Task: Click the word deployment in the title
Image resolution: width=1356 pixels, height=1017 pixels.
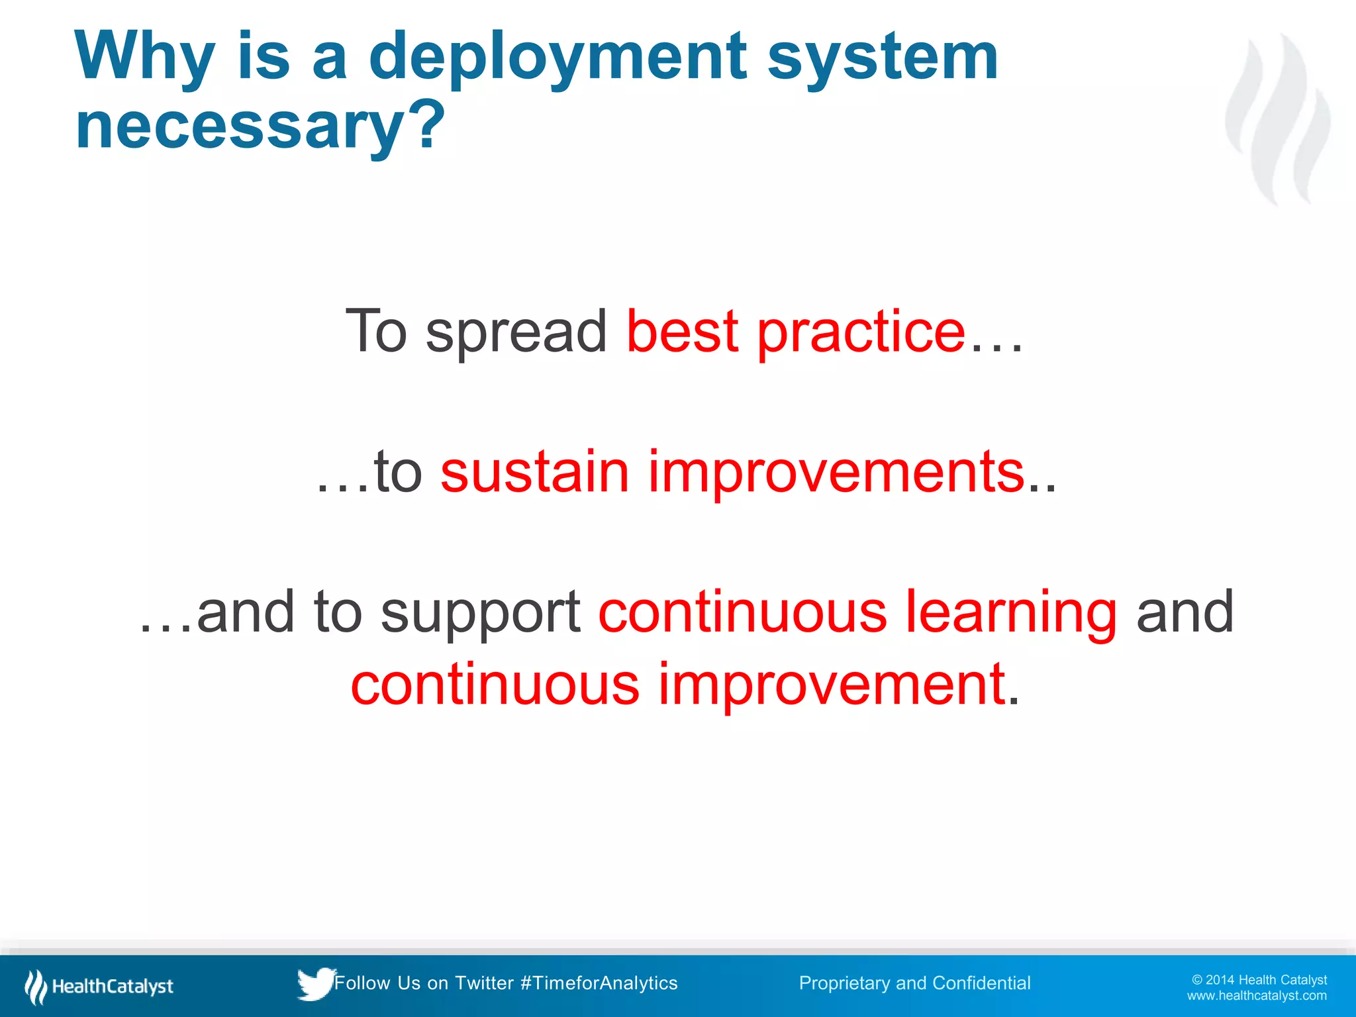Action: tap(557, 58)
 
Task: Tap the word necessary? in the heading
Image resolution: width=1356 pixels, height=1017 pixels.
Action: tap(260, 126)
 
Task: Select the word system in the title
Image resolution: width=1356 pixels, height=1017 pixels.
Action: tap(882, 58)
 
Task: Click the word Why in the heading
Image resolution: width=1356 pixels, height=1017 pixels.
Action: tap(145, 58)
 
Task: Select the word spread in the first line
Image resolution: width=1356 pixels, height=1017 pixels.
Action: tap(516, 333)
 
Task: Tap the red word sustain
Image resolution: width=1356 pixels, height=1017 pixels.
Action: tap(534, 471)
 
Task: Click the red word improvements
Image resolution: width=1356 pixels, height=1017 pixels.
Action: tap(836, 473)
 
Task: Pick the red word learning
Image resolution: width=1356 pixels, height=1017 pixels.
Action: tap(1011, 613)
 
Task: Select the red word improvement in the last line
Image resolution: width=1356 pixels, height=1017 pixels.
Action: tap(832, 685)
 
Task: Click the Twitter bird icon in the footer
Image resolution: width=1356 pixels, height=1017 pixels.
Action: tap(315, 984)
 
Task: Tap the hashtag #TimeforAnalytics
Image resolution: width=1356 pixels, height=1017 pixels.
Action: tap(599, 983)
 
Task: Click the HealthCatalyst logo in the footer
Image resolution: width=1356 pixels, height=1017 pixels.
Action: tap(99, 987)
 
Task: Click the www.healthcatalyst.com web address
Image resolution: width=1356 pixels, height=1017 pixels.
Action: tap(1257, 996)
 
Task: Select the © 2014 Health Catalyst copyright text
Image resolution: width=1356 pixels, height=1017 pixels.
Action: tap(1259, 980)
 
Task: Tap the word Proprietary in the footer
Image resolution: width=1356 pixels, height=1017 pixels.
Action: tap(844, 983)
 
